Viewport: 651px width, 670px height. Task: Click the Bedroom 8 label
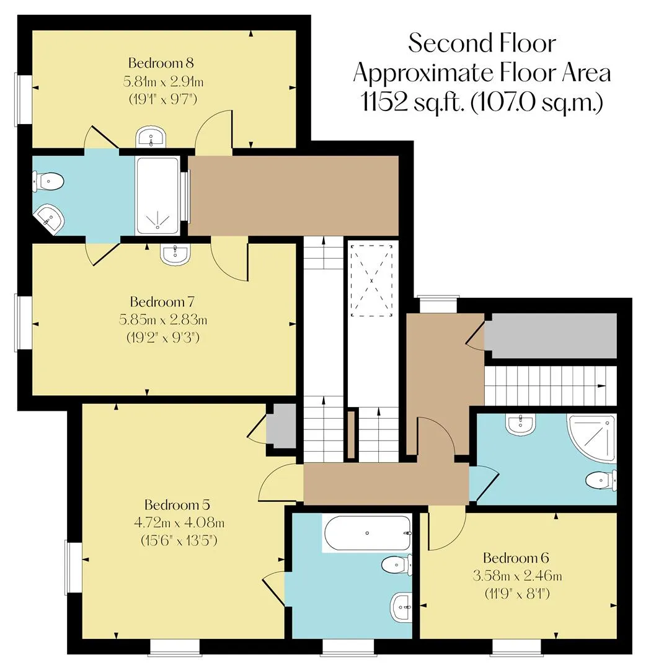[161, 63]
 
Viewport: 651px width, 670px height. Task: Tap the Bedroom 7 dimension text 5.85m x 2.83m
[162, 319]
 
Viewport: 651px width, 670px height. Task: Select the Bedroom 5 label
[177, 505]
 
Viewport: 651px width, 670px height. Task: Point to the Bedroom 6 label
[516, 558]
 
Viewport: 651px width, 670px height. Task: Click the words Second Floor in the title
[482, 43]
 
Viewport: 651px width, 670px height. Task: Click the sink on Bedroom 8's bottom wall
[151, 136]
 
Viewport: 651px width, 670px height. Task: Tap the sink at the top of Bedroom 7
[175, 254]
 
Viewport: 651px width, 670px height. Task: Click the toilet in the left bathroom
[48, 182]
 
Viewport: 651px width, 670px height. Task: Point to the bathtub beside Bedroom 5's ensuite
[367, 533]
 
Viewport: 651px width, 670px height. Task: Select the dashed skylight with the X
[371, 280]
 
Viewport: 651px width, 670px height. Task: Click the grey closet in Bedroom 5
[281, 426]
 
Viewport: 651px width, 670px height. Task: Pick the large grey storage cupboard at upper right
[551, 336]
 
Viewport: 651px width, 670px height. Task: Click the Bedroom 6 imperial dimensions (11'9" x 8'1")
[517, 594]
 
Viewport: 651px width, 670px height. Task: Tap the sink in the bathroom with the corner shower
[520, 424]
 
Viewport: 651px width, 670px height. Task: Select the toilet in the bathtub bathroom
[397, 565]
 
